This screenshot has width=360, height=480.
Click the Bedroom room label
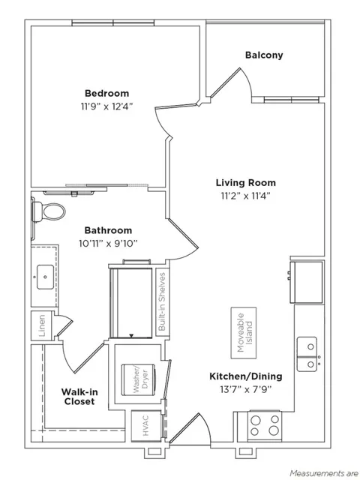click(106, 93)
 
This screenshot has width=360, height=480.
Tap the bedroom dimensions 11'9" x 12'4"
click(106, 106)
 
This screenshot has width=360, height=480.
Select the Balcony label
click(264, 55)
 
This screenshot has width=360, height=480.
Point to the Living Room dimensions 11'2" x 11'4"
click(245, 196)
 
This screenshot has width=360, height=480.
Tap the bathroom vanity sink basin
click(45, 277)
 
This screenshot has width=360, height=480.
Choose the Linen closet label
click(42, 325)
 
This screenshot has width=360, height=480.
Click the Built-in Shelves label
click(162, 301)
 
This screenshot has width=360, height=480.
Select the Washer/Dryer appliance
click(139, 379)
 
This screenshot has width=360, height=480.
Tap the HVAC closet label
click(145, 425)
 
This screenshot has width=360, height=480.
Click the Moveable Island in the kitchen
click(244, 333)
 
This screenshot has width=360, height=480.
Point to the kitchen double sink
click(307, 355)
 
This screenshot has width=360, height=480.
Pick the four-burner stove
click(265, 426)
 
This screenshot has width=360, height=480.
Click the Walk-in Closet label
click(79, 397)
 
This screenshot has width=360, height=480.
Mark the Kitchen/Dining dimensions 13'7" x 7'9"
click(246, 389)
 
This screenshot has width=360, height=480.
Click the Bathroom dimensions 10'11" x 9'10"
click(108, 243)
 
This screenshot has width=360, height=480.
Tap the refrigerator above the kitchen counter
click(306, 282)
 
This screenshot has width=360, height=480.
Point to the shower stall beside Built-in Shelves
click(131, 302)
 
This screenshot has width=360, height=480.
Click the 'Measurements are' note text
click(325, 473)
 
